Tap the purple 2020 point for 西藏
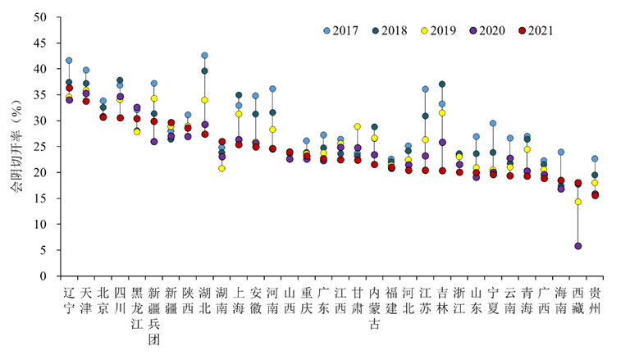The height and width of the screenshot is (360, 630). [577, 246]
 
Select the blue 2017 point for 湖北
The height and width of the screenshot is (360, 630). [204, 56]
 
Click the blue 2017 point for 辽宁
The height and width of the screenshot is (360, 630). [69, 61]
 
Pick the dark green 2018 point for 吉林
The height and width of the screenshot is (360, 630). [442, 84]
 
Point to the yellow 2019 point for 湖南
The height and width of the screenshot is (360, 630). [221, 168]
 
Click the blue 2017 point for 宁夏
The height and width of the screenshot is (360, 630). [493, 124]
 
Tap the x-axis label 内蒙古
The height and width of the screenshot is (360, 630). [374, 308]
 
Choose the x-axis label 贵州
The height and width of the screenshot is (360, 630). [595, 299]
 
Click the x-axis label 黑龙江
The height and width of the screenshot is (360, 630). [136, 308]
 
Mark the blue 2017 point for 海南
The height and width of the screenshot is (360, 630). [561, 153]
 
